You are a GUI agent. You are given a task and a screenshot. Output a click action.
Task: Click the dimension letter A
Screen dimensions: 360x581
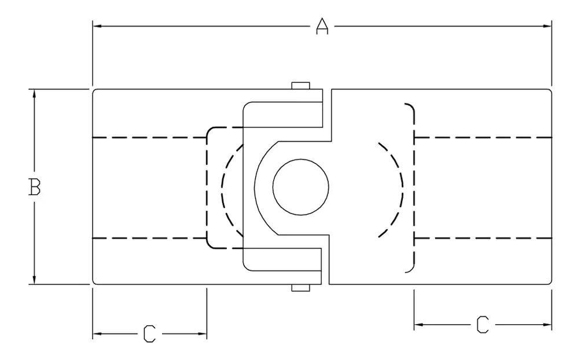(322, 26)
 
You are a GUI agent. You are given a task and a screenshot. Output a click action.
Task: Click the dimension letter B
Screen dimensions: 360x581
(35, 188)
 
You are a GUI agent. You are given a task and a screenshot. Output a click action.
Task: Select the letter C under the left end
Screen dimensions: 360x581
(149, 333)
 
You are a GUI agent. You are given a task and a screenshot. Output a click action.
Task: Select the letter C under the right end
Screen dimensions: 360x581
(482, 324)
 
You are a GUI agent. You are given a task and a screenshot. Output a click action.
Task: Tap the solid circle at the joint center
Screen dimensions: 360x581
(300, 188)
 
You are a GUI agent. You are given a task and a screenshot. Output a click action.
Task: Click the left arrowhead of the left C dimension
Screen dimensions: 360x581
(97, 334)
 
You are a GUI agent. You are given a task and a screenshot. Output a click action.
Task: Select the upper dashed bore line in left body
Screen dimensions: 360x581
(150, 137)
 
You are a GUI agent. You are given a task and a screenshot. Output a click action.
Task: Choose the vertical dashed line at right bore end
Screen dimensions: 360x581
(414, 188)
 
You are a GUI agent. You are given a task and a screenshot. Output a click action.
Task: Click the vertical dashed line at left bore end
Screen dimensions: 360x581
(207, 188)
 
